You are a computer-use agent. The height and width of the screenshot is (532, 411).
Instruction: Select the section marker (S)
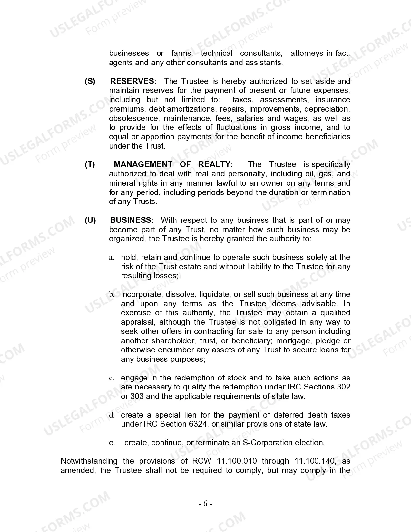pyautogui.click(x=90, y=81)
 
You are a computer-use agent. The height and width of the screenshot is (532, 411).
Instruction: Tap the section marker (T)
pyautogui.click(x=90, y=164)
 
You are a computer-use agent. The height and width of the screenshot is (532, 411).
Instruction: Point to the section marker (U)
pyautogui.click(x=90, y=220)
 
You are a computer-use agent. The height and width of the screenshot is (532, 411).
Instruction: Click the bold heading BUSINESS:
pyautogui.click(x=132, y=220)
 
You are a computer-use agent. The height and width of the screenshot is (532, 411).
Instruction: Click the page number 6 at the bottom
pyautogui.click(x=205, y=504)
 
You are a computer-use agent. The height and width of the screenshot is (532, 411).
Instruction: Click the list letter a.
pyautogui.click(x=111, y=258)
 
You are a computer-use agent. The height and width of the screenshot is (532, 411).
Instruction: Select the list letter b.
pyautogui.click(x=112, y=295)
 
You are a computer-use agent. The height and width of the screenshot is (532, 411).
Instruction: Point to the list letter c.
pyautogui.click(x=111, y=378)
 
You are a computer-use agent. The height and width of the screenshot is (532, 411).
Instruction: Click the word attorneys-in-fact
pyautogui.click(x=320, y=53)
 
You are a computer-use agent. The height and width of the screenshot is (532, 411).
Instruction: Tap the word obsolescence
pyautogui.click(x=133, y=118)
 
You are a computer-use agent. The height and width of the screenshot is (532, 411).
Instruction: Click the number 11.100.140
pyautogui.click(x=315, y=461)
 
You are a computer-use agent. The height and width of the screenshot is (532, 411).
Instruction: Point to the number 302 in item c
pyautogui.click(x=343, y=387)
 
